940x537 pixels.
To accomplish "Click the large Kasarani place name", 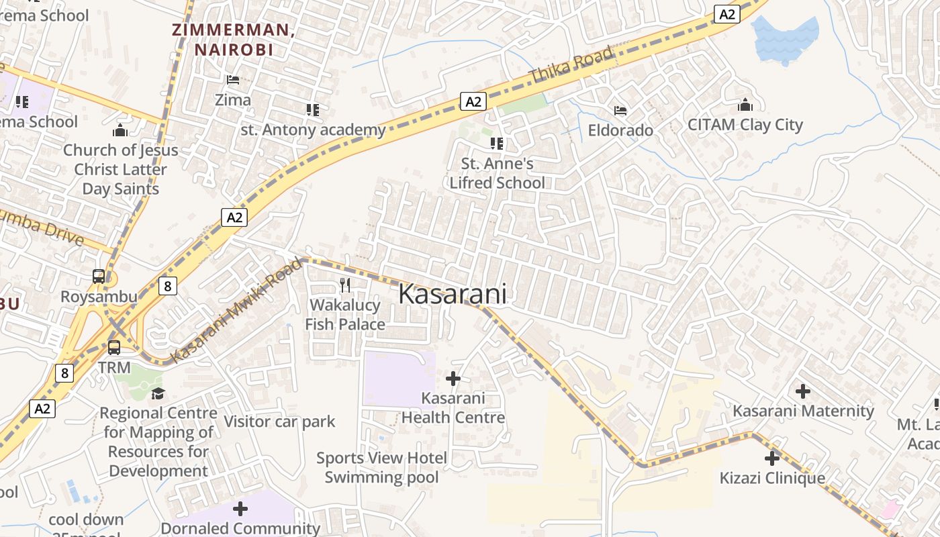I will coord(453,294).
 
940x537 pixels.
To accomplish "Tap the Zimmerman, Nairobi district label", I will coord(233,40).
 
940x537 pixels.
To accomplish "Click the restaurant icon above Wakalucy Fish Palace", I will coord(345,285).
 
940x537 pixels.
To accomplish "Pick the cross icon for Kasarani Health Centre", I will coord(453,379).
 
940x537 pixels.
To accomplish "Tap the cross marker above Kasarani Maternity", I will coord(802,391).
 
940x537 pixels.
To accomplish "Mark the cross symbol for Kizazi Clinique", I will coord(772,458).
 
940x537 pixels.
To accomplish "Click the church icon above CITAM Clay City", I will coord(745,105).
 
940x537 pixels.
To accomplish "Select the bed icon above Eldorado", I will coord(620,110).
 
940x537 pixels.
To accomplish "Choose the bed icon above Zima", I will coord(233,80).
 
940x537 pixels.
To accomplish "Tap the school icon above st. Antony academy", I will coord(312,109).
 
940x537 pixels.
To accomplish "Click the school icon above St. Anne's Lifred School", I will coord(497,143).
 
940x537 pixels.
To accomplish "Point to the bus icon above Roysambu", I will coord(99,277).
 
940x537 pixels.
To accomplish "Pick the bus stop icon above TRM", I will coord(114,348).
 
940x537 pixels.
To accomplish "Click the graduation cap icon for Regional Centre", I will coord(158,393).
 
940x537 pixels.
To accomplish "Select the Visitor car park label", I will coord(279,422).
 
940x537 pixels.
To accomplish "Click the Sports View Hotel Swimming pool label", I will coord(381,468).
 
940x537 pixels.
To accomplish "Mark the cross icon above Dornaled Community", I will coord(240,509).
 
